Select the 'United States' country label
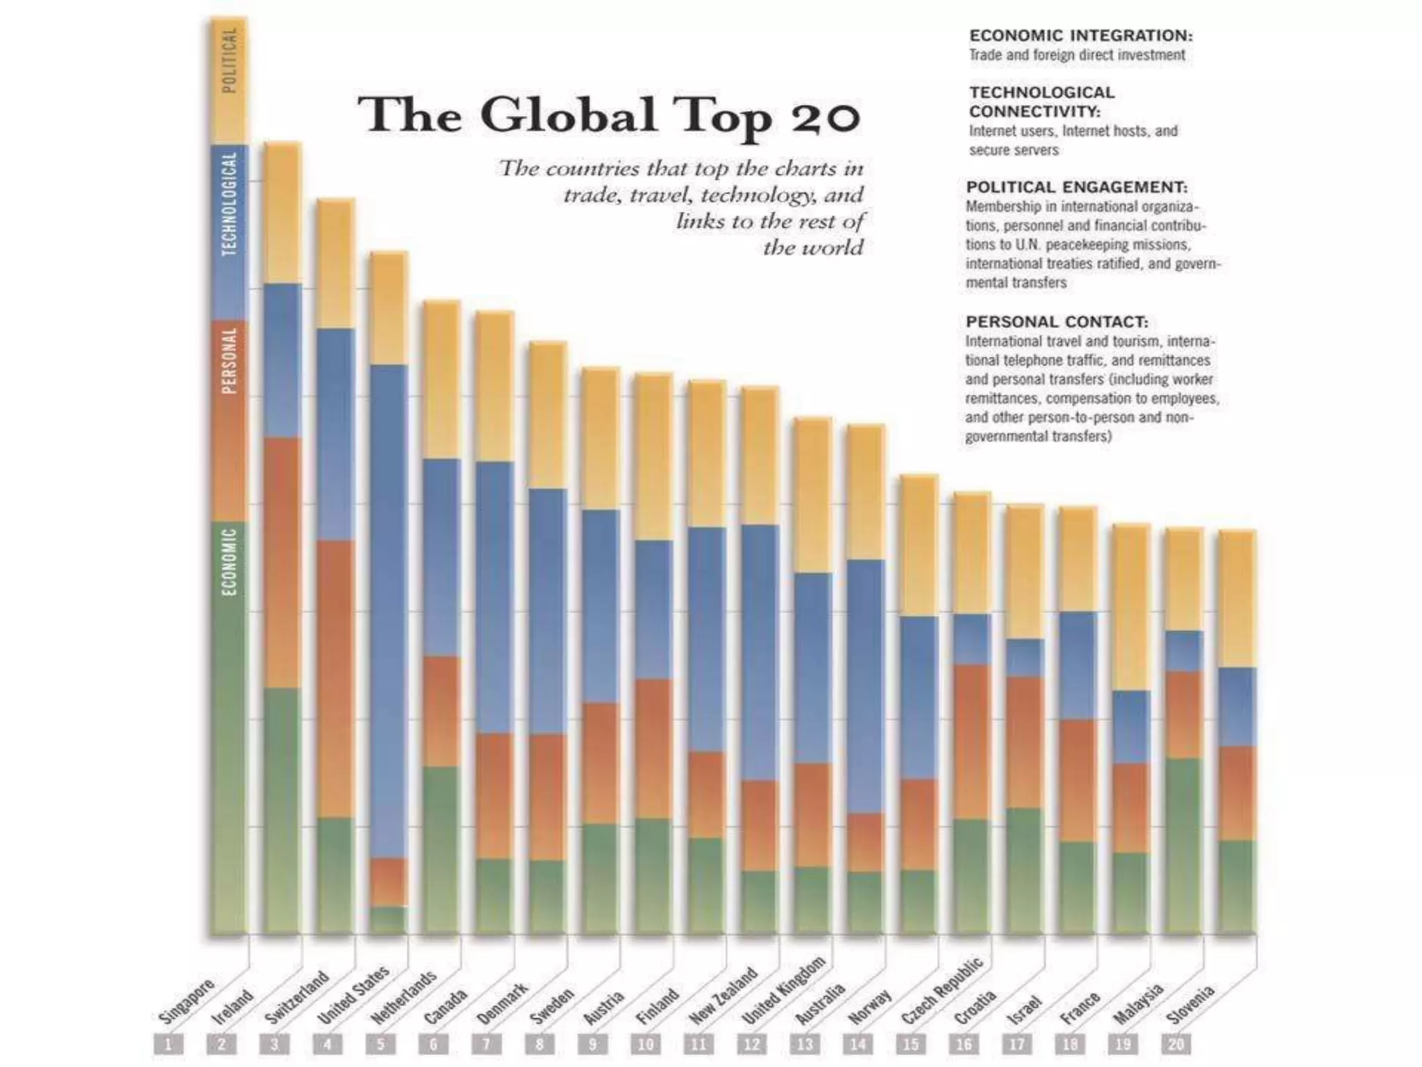point(353,995)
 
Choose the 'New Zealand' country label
point(722,995)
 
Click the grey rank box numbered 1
point(169,1044)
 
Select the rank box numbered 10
point(646,1044)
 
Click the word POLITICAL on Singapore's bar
point(229,60)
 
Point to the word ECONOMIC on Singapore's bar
point(229,561)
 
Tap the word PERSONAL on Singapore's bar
point(229,360)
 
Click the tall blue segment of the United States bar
point(389,611)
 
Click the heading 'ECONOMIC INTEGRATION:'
point(1081,35)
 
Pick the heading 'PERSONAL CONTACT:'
point(1057,322)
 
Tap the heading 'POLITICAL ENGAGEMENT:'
point(1077,187)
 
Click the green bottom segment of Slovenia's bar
point(1237,887)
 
